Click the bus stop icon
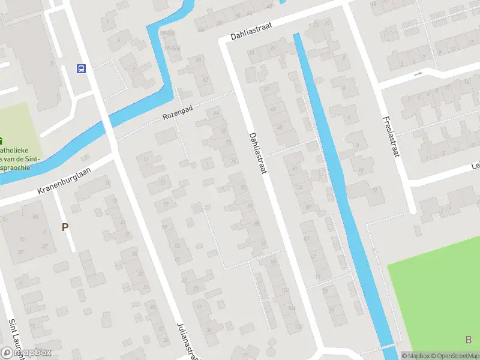coord(81,68)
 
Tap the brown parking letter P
coord(65,227)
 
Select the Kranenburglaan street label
coord(64,181)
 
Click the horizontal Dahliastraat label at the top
coord(255,30)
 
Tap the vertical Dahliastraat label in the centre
coord(257,154)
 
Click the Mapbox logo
coord(26,352)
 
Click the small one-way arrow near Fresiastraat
coord(418,74)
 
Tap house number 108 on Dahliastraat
coord(298,326)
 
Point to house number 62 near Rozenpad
coord(206,79)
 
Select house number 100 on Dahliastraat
coord(283,290)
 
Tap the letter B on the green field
coord(468,340)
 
